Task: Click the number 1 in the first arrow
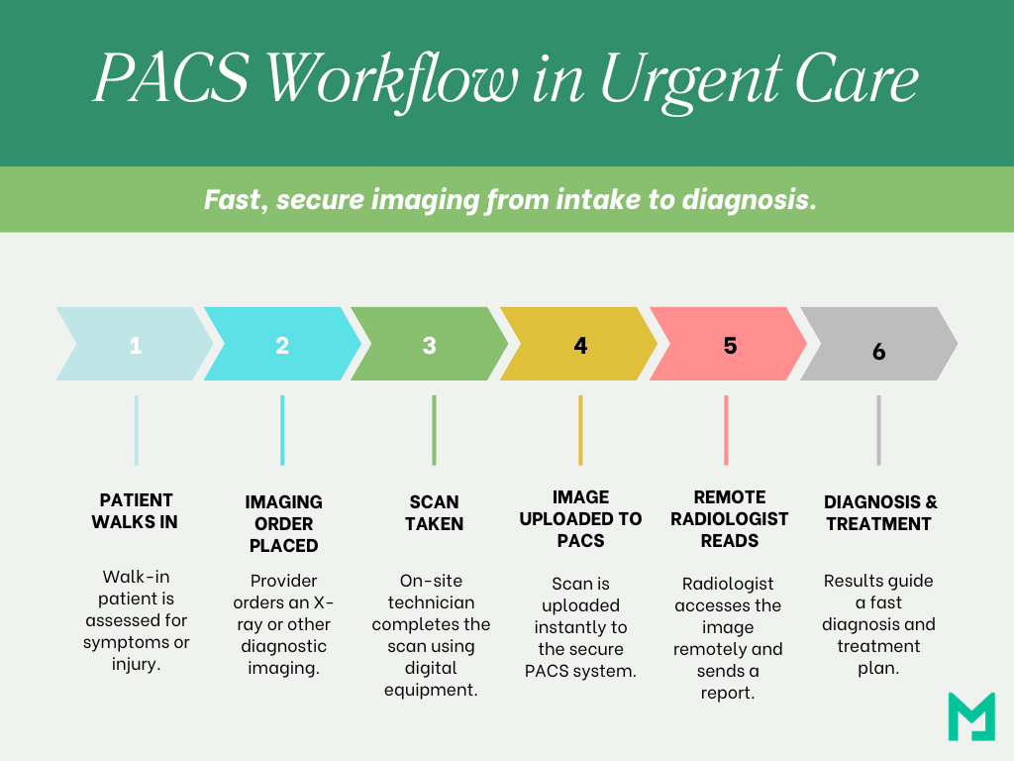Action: point(135,346)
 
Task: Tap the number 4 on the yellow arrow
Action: point(580,346)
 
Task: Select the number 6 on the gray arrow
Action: point(879,352)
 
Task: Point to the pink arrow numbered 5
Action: point(728,344)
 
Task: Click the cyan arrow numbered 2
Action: point(282,344)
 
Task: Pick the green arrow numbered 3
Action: point(430,344)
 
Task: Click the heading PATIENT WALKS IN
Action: point(135,511)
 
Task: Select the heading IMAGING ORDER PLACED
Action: point(284,523)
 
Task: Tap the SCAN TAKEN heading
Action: point(434,512)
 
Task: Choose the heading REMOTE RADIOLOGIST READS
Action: point(730,519)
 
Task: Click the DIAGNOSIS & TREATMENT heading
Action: point(879,512)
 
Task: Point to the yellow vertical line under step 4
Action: point(580,430)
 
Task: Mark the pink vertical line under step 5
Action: point(726,430)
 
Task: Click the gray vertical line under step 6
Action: point(879,430)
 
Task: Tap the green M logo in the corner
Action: point(971,716)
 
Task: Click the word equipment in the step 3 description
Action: point(431,691)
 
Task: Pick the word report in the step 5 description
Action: point(728,693)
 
